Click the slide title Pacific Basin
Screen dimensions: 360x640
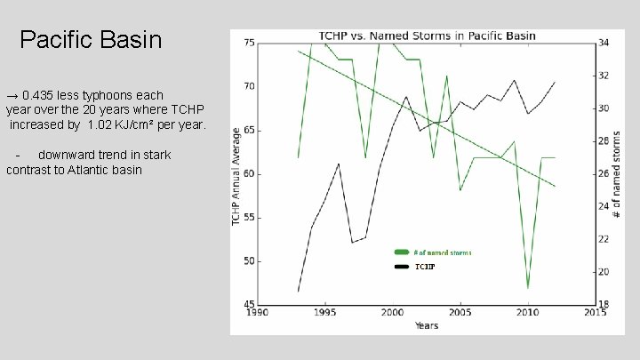point(91,40)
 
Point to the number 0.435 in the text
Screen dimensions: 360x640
point(44,94)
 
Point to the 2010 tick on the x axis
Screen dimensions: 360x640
point(527,313)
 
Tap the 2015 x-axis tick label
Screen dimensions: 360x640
point(594,313)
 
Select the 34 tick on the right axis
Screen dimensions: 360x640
point(604,43)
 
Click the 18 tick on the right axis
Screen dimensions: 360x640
point(604,305)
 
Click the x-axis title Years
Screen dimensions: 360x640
point(426,325)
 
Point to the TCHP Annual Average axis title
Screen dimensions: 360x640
point(236,174)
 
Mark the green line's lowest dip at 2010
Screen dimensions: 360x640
point(527,287)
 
